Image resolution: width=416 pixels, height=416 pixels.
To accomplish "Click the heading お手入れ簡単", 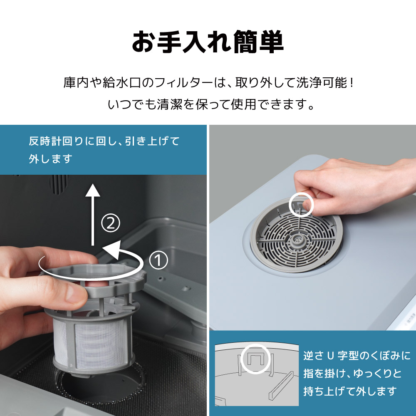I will click(x=208, y=42).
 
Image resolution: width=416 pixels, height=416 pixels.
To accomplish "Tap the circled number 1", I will click(x=158, y=261).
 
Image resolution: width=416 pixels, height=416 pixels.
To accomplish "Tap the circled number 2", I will click(x=111, y=224).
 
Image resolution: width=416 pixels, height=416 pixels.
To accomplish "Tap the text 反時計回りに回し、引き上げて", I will click(x=104, y=141).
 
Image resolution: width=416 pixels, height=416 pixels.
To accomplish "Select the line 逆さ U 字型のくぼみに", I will click(x=357, y=356).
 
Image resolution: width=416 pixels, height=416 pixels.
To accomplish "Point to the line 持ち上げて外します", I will click(x=350, y=391).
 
